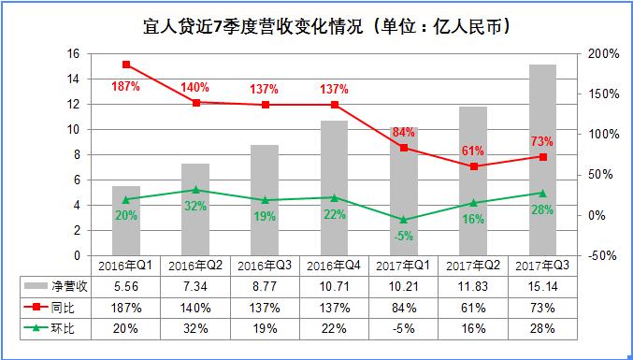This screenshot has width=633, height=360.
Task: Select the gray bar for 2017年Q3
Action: (542, 159)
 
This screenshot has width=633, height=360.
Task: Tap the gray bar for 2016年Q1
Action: (125, 220)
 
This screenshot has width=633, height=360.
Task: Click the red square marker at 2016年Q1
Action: (125, 65)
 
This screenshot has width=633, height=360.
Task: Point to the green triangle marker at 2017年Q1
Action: (403, 219)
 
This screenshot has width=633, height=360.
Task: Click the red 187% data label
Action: (125, 87)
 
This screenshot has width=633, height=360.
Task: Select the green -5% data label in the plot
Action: (403, 236)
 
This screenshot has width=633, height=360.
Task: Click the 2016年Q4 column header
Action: (334, 266)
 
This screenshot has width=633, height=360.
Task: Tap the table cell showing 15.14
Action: (542, 285)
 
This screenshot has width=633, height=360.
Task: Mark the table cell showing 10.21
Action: (403, 285)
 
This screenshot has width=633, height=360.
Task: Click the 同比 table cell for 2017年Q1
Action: (403, 307)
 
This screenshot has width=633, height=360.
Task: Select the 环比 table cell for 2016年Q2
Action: (195, 328)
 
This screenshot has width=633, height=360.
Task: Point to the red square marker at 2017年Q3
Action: (542, 157)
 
